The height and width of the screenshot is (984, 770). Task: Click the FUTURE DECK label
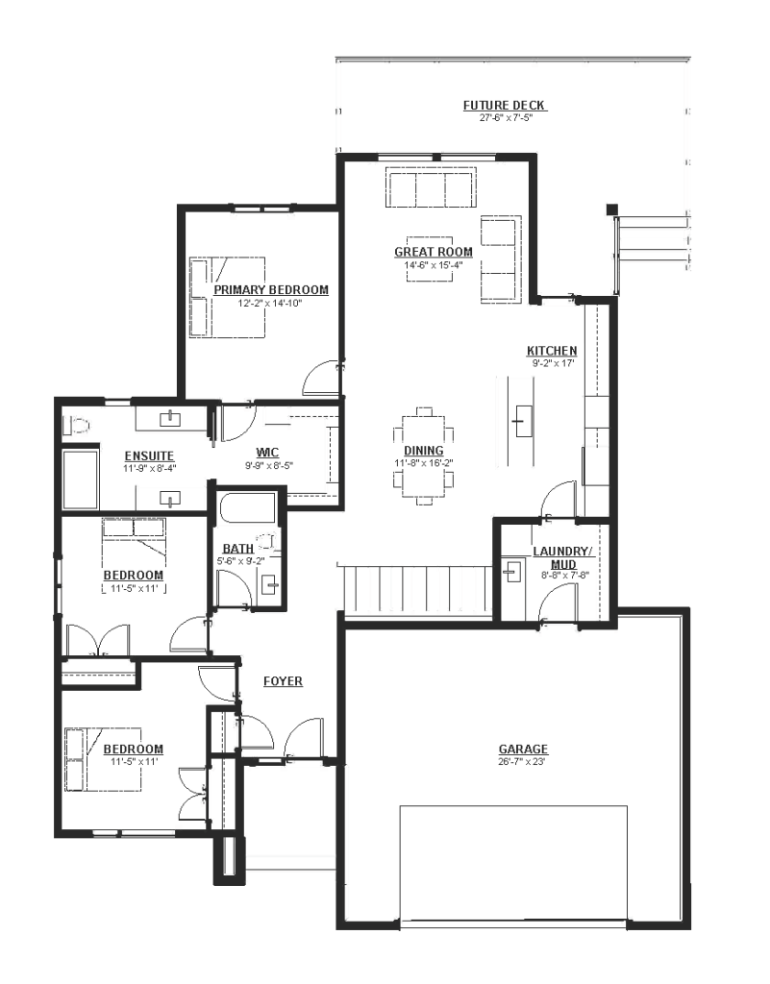[x=504, y=106]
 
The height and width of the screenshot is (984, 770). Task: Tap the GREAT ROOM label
[x=433, y=252]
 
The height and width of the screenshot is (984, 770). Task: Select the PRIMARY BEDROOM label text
[x=271, y=290]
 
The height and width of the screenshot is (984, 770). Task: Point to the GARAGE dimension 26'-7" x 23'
[x=523, y=761]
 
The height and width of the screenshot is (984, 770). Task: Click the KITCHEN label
[x=552, y=351]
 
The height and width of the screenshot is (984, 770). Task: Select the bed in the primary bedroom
[x=227, y=296]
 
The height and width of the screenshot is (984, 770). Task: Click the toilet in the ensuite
[x=76, y=426]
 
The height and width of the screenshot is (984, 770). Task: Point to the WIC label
[x=267, y=453]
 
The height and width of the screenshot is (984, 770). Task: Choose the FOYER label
[x=283, y=681]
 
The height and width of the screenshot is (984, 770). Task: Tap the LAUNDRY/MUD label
[x=562, y=557]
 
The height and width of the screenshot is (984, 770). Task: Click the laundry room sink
[x=512, y=571]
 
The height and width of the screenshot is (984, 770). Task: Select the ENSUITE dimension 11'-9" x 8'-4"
[x=148, y=468]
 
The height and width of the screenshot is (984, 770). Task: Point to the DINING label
[x=424, y=451]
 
